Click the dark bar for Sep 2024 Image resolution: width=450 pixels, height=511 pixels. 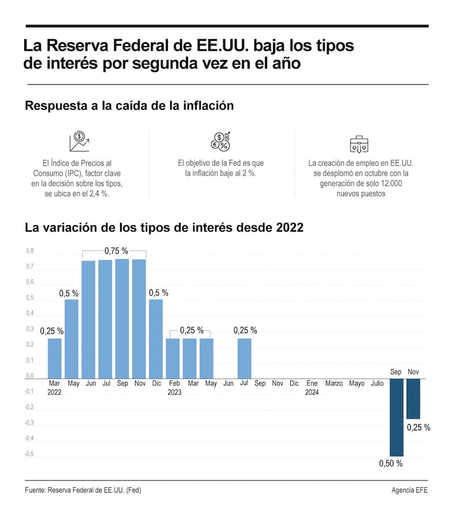[396, 417]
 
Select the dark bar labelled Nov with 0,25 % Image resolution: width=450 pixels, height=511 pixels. [413, 399]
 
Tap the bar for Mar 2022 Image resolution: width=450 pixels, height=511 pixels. [55, 358]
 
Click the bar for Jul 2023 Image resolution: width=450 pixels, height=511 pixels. [245, 358]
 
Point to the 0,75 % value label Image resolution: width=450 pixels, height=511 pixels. [116, 251]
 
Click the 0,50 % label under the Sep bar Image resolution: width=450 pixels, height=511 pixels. [391, 463]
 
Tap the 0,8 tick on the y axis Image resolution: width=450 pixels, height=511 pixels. [30, 251]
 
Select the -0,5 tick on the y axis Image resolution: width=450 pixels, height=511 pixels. [29, 454]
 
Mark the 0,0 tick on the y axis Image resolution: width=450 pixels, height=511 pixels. [30, 376]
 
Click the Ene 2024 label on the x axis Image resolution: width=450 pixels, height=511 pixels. [312, 388]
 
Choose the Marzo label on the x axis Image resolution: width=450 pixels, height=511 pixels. [333, 383]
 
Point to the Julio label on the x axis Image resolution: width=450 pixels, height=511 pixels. [377, 383]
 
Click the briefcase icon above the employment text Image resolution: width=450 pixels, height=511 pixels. [359, 143]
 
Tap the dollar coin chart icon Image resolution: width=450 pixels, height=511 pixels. [79, 142]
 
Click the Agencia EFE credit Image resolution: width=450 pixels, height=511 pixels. [410, 490]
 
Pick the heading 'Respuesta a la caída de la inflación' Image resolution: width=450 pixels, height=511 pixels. [129, 106]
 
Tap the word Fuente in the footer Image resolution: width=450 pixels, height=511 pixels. [35, 490]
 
